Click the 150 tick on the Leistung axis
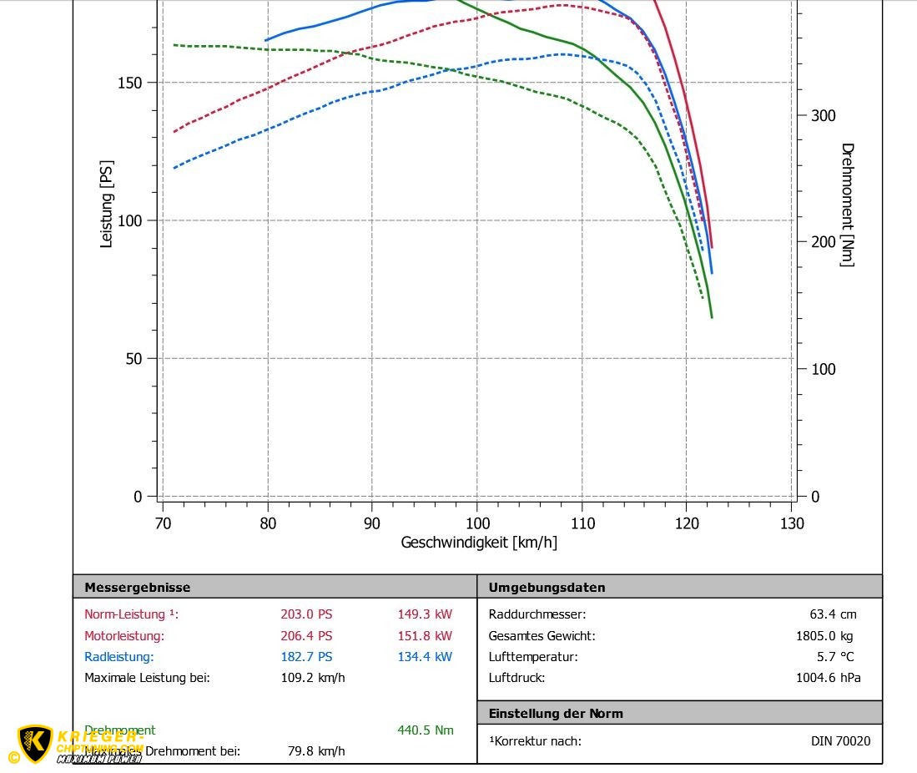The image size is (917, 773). point(129,83)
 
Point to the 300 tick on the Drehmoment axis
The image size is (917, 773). point(823,115)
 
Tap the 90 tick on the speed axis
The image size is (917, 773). point(372,523)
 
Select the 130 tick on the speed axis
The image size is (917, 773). point(792,523)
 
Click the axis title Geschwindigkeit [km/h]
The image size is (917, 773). point(479,543)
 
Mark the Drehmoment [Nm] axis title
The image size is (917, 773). point(847,205)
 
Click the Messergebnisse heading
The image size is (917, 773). point(137,588)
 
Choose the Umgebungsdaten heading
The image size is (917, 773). point(547,588)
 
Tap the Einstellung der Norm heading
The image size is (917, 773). point(556,714)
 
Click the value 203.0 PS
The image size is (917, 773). point(306,614)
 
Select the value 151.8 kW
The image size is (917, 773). point(425,636)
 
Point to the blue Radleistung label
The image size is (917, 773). point(118,657)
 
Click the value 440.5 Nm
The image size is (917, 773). point(426,730)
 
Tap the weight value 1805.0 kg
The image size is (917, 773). point(824,636)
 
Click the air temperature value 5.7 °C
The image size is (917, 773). point(835,657)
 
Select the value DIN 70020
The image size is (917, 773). point(840,741)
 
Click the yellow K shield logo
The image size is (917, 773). point(35,743)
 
